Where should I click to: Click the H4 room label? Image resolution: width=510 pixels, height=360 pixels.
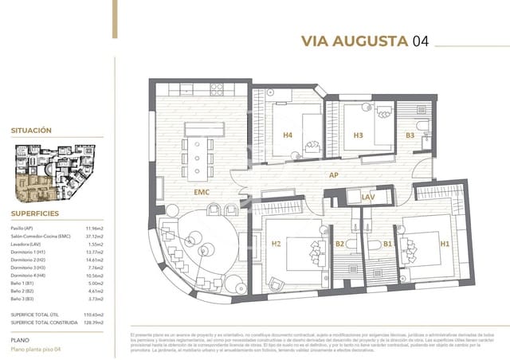tap(288, 135)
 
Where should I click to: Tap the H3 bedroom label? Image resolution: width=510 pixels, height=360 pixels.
tap(359, 135)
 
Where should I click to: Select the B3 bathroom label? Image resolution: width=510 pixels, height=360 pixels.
tap(410, 135)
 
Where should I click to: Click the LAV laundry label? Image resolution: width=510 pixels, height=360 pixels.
tap(368, 197)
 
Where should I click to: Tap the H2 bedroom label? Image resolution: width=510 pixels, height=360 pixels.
tap(276, 244)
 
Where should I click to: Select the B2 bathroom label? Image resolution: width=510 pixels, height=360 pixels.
tap(339, 244)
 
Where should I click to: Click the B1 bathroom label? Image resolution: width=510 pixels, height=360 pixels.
tap(388, 244)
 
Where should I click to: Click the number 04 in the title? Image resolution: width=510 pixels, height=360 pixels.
tap(420, 42)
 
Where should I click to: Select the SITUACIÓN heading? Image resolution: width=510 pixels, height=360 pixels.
tap(31, 129)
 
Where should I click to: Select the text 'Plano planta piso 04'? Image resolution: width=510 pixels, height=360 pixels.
tap(36, 350)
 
